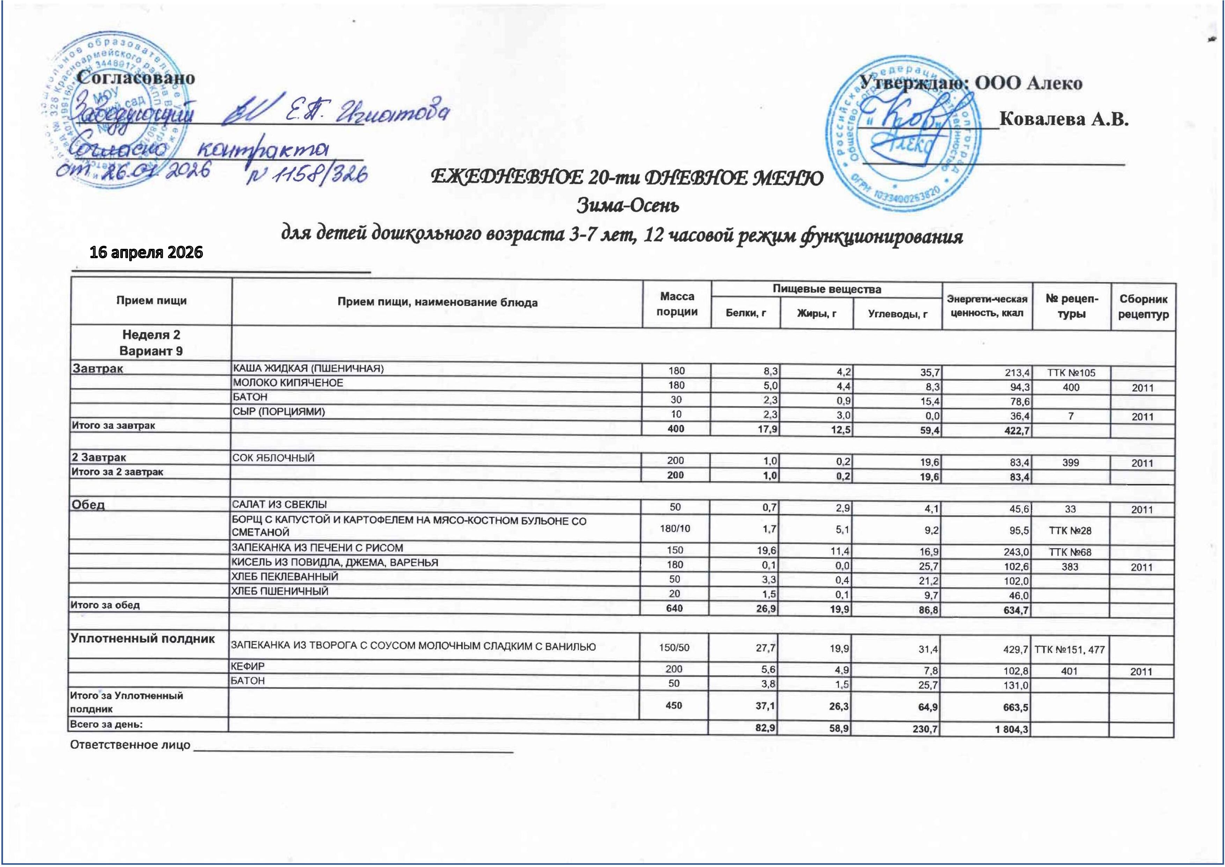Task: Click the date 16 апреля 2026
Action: pyautogui.click(x=146, y=252)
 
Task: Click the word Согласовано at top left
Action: pyautogui.click(x=136, y=78)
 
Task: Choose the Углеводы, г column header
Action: pyautogui.click(x=897, y=314)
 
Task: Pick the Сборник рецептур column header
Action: pyautogui.click(x=1143, y=306)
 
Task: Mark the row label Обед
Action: pyautogui.click(x=89, y=505)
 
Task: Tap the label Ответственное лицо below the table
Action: pyautogui.click(x=130, y=745)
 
